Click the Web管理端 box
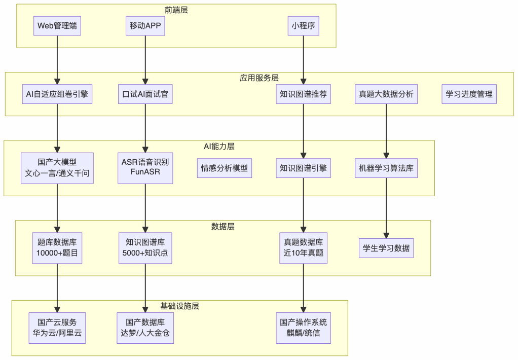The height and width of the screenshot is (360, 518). click(x=57, y=25)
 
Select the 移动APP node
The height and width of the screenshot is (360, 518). click(x=145, y=25)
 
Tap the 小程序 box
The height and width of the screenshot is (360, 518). click(x=304, y=25)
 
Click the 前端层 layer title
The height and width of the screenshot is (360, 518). click(x=176, y=10)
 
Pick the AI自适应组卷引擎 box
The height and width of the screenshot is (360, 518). click(x=57, y=94)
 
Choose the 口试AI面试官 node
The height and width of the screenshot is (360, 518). click(x=145, y=94)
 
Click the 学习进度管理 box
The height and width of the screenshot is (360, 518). click(x=469, y=94)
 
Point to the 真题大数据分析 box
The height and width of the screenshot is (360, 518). click(x=386, y=94)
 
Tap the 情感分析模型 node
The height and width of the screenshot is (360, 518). click(x=225, y=168)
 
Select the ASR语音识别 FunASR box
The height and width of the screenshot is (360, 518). click(x=145, y=168)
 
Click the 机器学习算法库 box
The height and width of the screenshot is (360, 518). click(x=386, y=168)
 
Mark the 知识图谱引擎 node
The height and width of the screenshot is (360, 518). click(x=304, y=168)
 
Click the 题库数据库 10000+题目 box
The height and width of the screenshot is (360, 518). click(x=57, y=248)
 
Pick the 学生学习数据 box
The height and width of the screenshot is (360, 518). click(x=386, y=248)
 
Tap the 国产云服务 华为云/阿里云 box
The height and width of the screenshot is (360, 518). click(x=57, y=328)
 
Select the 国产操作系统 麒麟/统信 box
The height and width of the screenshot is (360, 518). click(x=304, y=328)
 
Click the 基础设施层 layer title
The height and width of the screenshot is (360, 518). click(x=179, y=306)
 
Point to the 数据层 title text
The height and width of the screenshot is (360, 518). click(x=223, y=226)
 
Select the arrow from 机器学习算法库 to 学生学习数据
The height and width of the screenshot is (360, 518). click(x=386, y=208)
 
